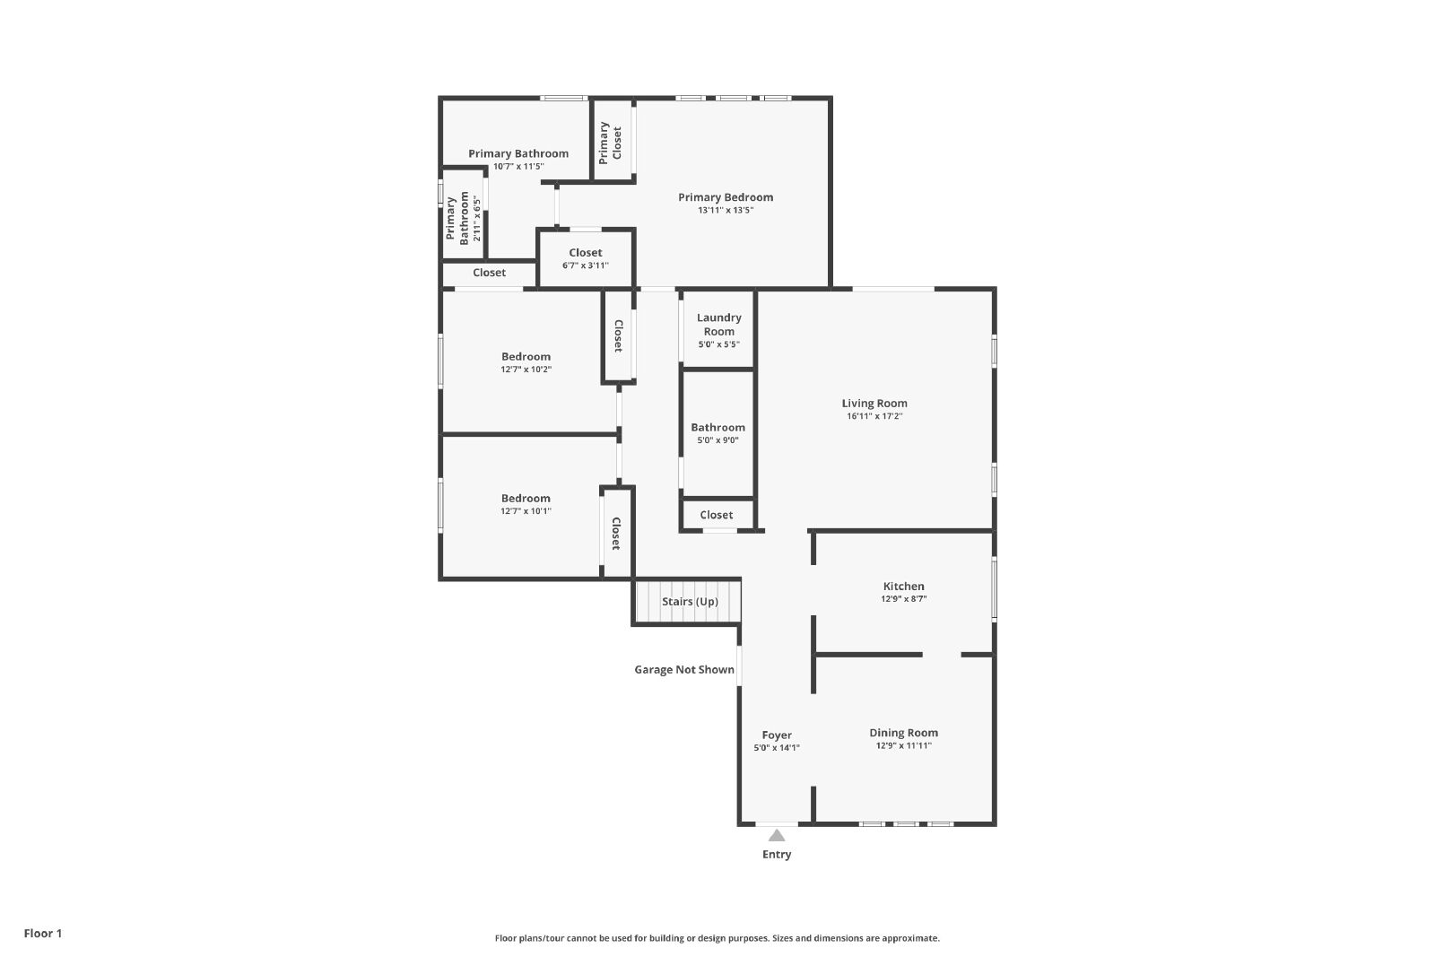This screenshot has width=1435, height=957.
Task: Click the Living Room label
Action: pos(874,404)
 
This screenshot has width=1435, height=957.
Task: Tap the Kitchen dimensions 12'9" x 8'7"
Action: pos(903,599)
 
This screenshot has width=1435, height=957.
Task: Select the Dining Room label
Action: pos(903,733)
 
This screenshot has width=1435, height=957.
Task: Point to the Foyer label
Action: pos(777,735)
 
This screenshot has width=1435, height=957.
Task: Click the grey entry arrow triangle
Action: pos(777,835)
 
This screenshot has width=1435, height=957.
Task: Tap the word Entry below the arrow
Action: pos(777,855)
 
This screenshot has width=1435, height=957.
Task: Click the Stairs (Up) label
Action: pos(690,602)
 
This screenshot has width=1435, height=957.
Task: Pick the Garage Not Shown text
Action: pos(684,669)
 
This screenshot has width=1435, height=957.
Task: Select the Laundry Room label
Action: pos(718,324)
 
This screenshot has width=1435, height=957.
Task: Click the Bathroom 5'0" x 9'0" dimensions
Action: pos(717,440)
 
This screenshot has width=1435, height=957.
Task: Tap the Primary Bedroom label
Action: pos(726,197)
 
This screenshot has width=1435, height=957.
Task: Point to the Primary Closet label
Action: pos(610,143)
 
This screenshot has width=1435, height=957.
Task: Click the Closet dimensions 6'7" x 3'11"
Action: pos(586,265)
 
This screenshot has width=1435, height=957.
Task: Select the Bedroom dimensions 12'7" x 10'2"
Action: pos(526,369)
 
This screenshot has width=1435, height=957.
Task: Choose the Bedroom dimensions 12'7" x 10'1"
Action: pos(526,511)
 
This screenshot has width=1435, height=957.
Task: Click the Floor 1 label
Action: pos(43,934)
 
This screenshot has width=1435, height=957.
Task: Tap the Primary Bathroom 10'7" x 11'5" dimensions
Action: pos(518,167)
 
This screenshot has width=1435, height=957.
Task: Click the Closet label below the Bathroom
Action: pos(717,515)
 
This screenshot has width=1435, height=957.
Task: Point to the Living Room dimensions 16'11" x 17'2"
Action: pos(874,416)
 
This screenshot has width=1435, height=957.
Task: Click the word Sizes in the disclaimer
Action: pos(784,938)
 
